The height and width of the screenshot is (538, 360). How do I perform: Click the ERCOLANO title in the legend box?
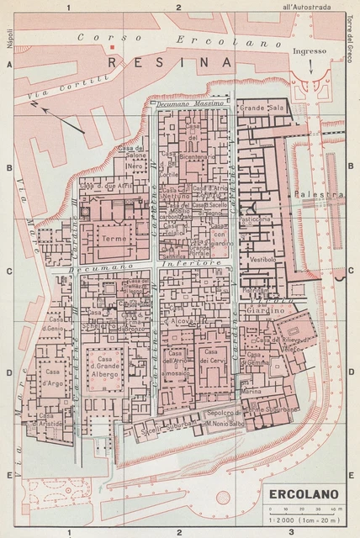click(x=304, y=494)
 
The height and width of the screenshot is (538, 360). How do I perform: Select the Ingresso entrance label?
click(x=309, y=52)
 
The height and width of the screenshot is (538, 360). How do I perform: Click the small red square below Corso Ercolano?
click(x=110, y=53)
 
